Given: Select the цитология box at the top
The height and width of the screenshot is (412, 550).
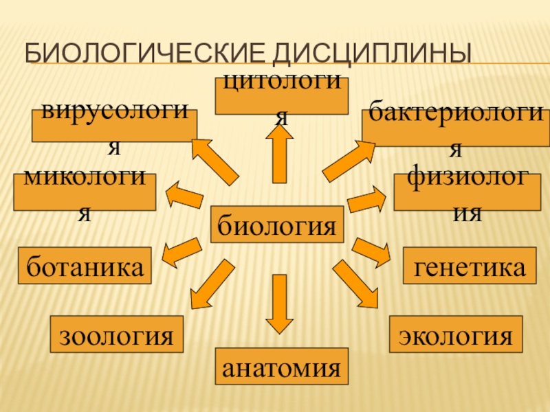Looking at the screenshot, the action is [x=281, y=96].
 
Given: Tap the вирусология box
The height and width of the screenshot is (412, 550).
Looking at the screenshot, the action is [x=114, y=126].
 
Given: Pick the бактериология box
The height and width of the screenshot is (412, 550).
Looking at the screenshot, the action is [x=456, y=128].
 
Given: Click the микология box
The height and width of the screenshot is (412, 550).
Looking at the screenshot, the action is [x=85, y=192].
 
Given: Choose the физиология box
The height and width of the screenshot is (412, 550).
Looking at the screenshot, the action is [x=467, y=192].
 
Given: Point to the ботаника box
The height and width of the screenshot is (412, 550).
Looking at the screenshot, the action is [x=86, y=265].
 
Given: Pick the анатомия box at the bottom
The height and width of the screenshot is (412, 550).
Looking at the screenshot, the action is [x=282, y=365].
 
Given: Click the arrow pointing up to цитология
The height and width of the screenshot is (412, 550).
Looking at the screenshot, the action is [x=279, y=154].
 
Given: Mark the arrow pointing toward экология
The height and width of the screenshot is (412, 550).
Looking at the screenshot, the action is [x=355, y=283].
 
